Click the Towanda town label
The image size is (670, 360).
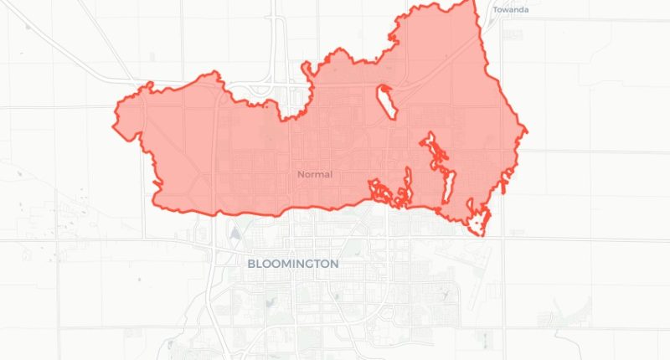[511, 10]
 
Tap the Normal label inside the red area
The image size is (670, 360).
[315, 174]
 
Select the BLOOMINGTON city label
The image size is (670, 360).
[293, 263]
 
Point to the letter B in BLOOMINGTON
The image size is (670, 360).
[251, 263]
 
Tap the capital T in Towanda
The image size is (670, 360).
[495, 10]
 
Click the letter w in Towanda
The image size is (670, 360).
[505, 10]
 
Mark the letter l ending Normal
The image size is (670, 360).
[331, 174]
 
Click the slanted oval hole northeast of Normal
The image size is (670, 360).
[386, 102]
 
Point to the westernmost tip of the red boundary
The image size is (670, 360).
[114, 126]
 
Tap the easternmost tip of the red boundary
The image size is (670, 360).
[526, 131]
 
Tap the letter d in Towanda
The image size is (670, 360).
[523, 10]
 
